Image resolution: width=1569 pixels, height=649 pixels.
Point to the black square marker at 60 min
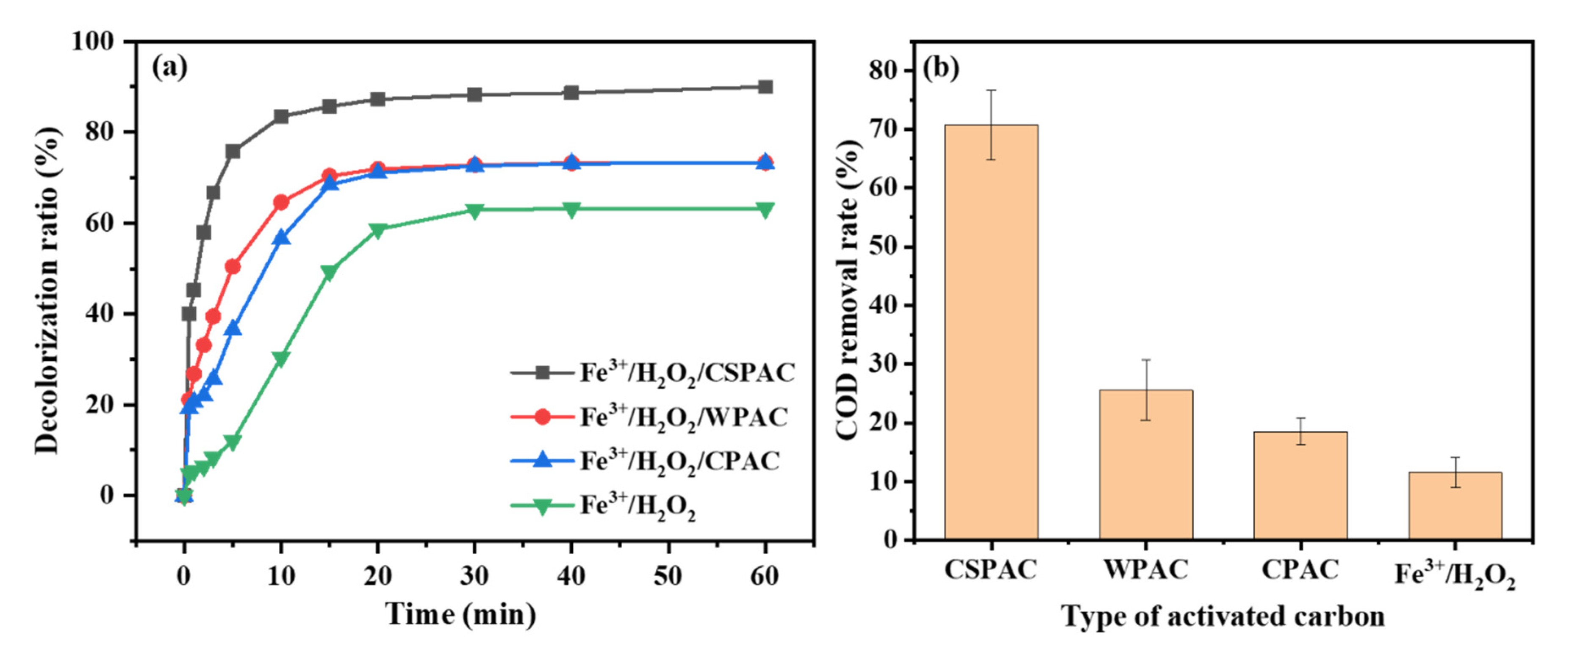(x=765, y=87)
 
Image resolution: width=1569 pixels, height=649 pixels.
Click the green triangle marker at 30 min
(x=474, y=210)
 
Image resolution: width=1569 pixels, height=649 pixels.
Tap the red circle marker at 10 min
(x=281, y=202)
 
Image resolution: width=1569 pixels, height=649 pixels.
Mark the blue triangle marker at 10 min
(x=281, y=238)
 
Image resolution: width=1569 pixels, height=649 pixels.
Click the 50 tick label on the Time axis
(x=668, y=575)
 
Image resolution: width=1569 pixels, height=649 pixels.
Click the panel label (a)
(x=169, y=67)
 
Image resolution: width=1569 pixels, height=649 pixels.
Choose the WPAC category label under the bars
(x=1146, y=570)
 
